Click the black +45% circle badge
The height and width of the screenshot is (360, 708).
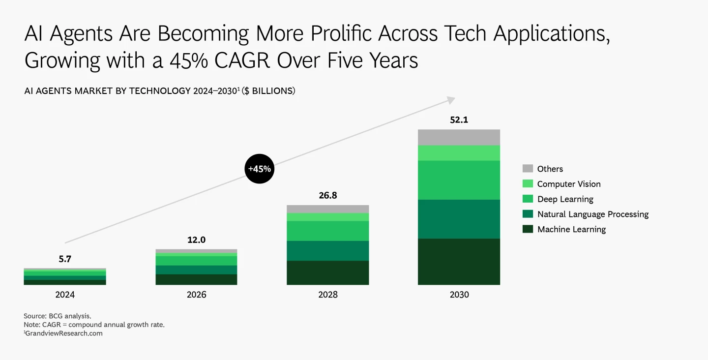[259, 169]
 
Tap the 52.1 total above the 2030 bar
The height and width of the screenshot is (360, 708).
[459, 120]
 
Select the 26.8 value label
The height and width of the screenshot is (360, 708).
[327, 195]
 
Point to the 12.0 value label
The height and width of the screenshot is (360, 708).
[196, 240]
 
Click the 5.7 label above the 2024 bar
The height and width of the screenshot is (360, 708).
[65, 259]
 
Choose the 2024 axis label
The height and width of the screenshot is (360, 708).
[65, 295]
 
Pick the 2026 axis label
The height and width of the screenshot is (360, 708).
[196, 295]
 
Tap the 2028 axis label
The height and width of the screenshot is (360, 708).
[327, 295]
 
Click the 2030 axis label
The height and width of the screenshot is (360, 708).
[459, 295]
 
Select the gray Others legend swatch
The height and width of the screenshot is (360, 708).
[528, 169]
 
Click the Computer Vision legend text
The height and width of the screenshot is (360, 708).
[569, 184]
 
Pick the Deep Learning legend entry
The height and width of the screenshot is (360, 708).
[565, 199]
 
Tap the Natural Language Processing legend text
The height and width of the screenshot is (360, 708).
[593, 214]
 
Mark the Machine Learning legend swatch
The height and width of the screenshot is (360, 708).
[528, 229]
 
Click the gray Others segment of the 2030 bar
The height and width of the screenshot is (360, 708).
[459, 137]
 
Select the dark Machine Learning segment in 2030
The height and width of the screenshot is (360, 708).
[459, 261]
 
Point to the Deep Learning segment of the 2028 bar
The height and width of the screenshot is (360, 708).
[327, 231]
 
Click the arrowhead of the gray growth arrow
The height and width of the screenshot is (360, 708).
[450, 100]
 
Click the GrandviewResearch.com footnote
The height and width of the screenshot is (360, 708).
[63, 333]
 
